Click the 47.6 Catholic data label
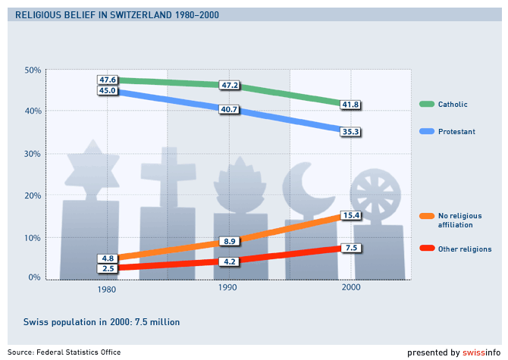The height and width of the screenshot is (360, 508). (x=107, y=80)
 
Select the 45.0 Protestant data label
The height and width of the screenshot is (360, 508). (x=107, y=91)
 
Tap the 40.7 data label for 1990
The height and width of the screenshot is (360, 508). (x=229, y=110)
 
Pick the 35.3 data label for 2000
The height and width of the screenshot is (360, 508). (x=350, y=131)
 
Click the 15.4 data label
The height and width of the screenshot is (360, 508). (x=350, y=216)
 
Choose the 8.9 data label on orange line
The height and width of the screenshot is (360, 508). (x=229, y=241)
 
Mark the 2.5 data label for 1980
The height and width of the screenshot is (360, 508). (x=107, y=268)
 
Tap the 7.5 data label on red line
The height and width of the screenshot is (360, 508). (x=350, y=248)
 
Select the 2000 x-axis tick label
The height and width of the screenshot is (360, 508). (x=350, y=289)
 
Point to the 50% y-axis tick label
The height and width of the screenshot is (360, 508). (x=33, y=70)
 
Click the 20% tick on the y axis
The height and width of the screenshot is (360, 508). (x=33, y=196)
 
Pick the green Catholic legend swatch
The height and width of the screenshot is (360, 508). (x=426, y=105)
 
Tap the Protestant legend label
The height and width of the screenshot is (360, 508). (x=456, y=132)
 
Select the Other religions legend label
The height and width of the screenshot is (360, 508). (x=465, y=249)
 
